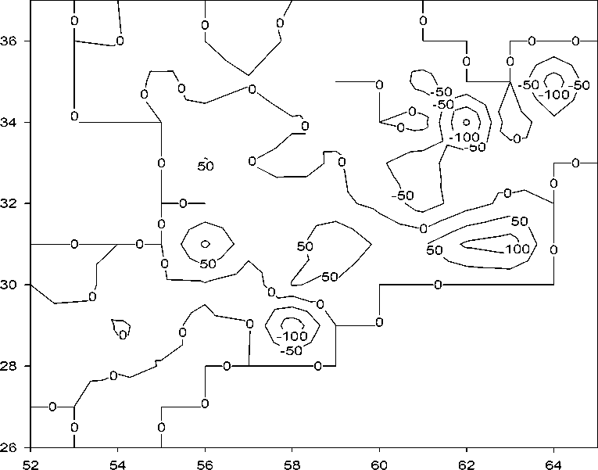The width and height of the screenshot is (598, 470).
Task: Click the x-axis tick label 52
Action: click(30, 461)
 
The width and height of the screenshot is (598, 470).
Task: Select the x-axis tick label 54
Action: click(117, 461)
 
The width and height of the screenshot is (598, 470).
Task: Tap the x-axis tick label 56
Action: click(205, 461)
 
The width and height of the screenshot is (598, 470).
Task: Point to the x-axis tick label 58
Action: click(292, 461)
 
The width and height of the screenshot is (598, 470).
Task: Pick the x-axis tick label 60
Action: click(379, 461)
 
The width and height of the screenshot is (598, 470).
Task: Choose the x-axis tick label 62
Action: click(467, 461)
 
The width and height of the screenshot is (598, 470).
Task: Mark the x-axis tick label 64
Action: click(554, 461)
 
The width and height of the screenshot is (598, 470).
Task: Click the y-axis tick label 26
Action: click(11, 447)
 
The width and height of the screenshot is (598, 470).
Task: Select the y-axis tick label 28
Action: click(11, 366)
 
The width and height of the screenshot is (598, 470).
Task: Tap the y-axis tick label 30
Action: click(11, 285)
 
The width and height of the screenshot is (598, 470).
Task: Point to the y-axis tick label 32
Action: click(11, 203)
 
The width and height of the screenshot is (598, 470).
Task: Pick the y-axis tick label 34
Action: click(11, 122)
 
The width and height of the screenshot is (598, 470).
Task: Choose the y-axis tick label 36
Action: click(11, 41)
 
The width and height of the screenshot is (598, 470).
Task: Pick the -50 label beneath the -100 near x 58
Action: click(289, 351)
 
